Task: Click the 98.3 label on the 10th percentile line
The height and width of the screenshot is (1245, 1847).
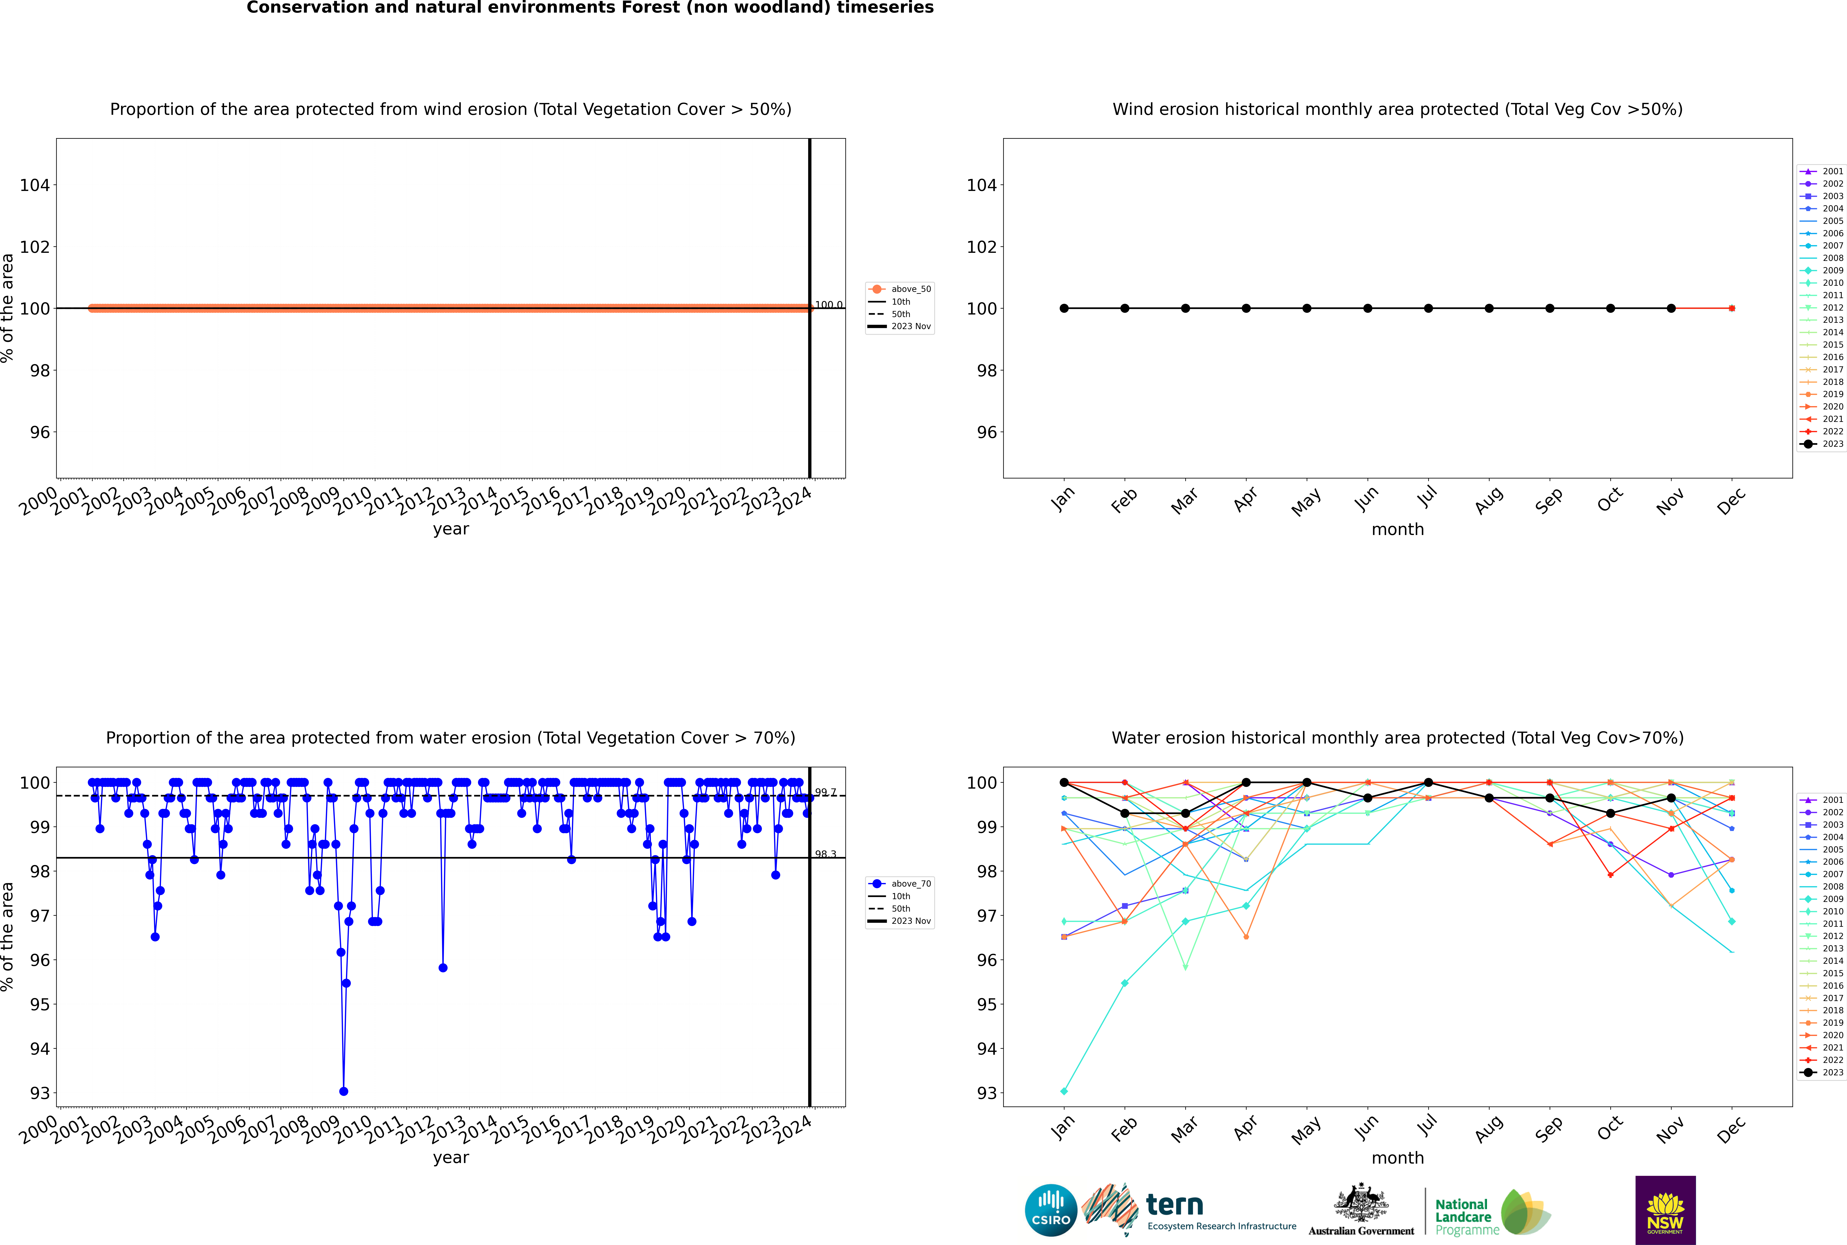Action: pos(826,854)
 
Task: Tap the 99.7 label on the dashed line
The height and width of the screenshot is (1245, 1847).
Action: pos(826,792)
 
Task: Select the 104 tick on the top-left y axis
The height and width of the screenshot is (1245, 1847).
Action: pos(34,185)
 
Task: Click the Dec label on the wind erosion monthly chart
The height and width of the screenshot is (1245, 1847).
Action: pos(1731,500)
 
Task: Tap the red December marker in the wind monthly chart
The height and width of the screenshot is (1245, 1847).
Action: pos(1732,308)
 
